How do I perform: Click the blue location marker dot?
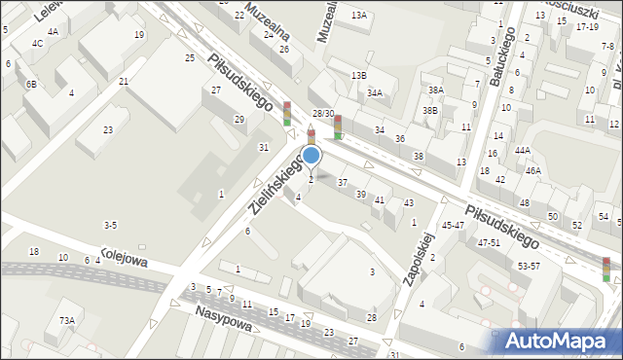tap(311, 155)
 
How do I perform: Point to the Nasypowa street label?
tap(223, 317)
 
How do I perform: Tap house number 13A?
tap(359, 16)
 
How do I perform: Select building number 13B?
tap(359, 75)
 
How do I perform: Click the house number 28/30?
tap(323, 114)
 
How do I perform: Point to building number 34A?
tap(375, 93)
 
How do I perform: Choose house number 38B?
tap(430, 111)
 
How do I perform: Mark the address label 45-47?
tap(453, 225)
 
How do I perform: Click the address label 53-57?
tap(530, 266)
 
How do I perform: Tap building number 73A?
tap(66, 320)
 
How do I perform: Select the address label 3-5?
tap(111, 226)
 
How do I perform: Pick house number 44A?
tap(523, 150)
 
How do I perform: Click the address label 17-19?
tap(587, 27)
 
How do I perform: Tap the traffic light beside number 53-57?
tap(605, 269)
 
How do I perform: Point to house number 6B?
tap(32, 85)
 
